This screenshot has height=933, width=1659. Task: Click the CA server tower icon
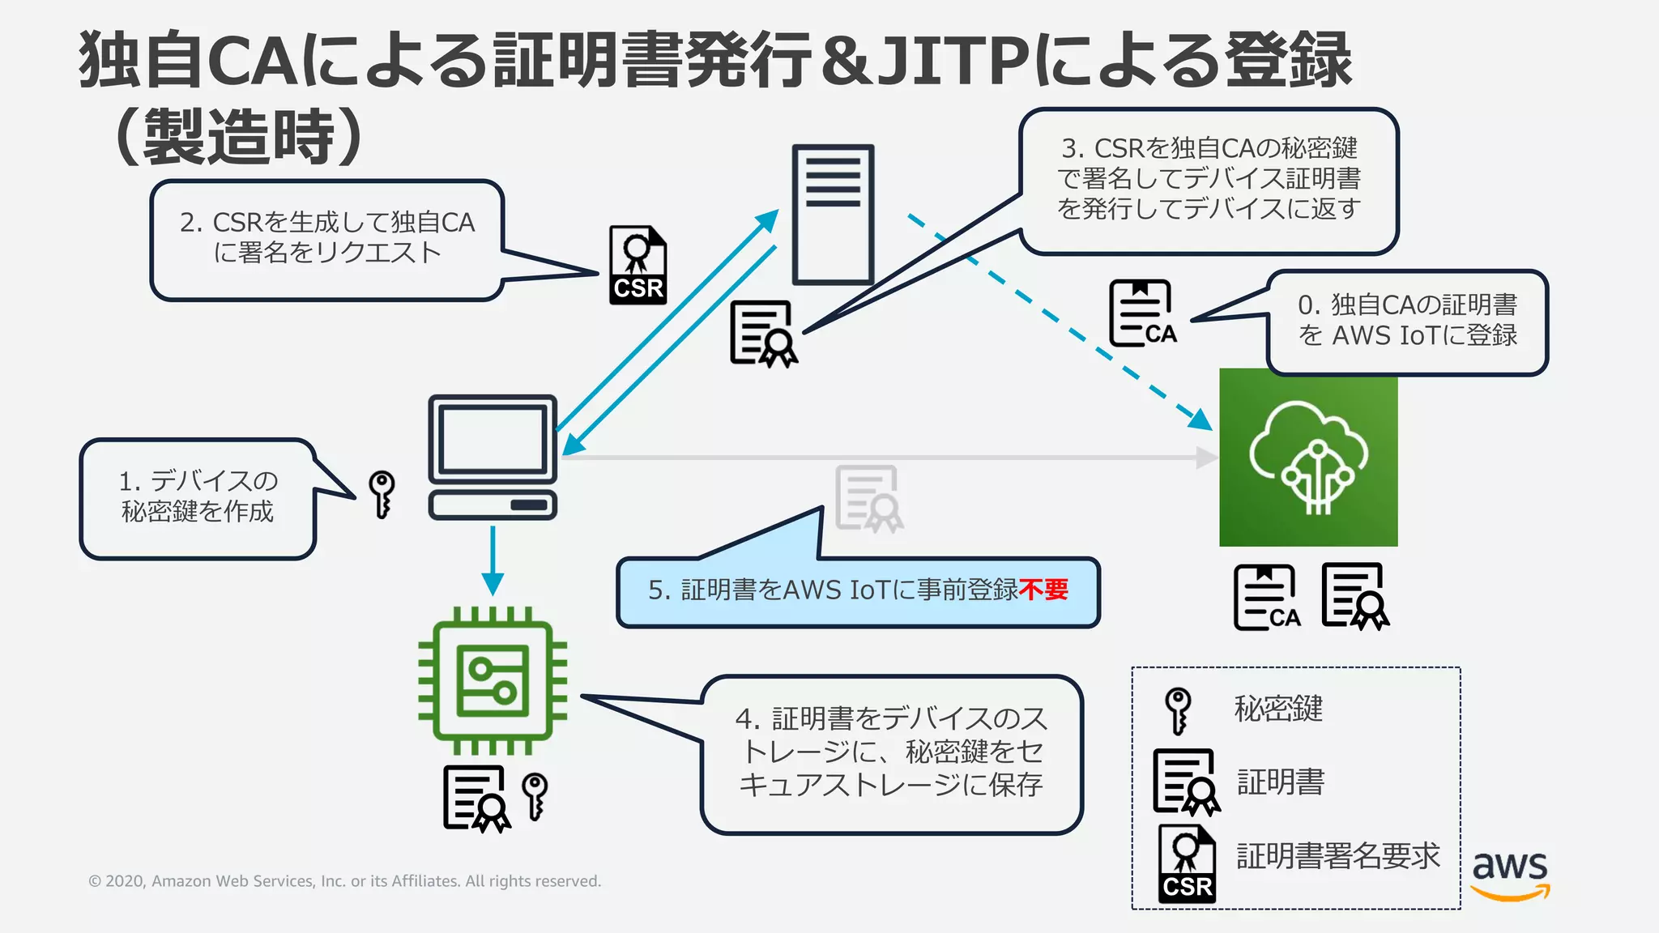click(832, 215)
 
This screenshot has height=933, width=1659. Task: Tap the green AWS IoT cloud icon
click(1307, 458)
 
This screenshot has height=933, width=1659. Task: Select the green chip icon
click(493, 680)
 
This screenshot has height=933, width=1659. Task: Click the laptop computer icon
click(493, 457)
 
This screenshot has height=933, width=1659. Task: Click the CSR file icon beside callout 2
click(638, 266)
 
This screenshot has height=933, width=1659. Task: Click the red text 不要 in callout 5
click(1044, 590)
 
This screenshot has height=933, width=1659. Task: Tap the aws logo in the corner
click(1509, 875)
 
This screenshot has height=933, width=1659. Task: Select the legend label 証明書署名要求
click(1337, 856)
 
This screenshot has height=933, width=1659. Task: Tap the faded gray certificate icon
click(868, 498)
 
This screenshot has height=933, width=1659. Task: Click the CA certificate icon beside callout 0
click(1142, 313)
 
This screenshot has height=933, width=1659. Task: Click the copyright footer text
click(344, 881)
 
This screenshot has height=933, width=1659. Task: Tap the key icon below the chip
click(535, 795)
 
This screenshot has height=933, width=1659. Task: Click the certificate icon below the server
click(763, 334)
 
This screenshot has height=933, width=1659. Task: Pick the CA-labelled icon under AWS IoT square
click(1267, 598)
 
